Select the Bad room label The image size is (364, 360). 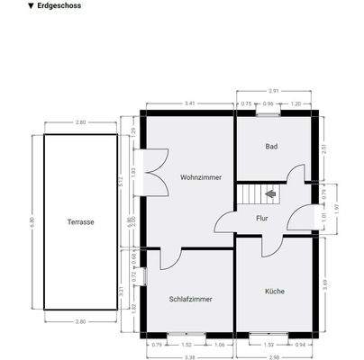271,146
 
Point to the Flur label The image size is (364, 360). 262,217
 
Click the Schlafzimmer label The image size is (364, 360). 191,299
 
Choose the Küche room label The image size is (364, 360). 275,291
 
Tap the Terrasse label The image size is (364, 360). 81,221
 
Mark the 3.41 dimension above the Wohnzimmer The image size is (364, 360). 189,103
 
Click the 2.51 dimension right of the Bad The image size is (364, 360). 324,148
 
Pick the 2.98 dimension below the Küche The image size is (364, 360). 275,355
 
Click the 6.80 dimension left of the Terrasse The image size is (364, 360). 33,221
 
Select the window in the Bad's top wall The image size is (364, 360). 268,114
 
